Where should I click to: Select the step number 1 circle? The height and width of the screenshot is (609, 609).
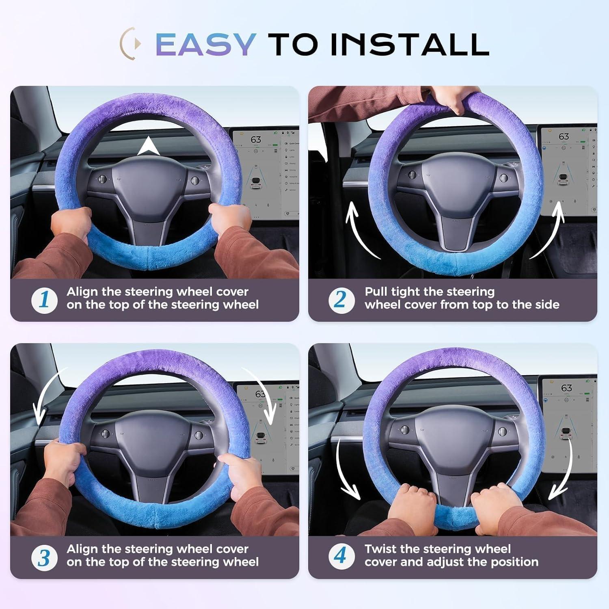pos(44,300)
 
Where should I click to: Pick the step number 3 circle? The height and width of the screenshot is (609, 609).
pos(44,558)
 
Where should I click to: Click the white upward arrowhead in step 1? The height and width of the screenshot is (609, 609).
pos(148,147)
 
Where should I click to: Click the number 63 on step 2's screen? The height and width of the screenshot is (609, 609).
pos(564,136)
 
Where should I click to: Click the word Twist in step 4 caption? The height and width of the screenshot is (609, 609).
pos(380,549)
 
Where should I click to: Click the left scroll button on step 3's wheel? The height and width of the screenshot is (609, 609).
pos(105,434)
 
